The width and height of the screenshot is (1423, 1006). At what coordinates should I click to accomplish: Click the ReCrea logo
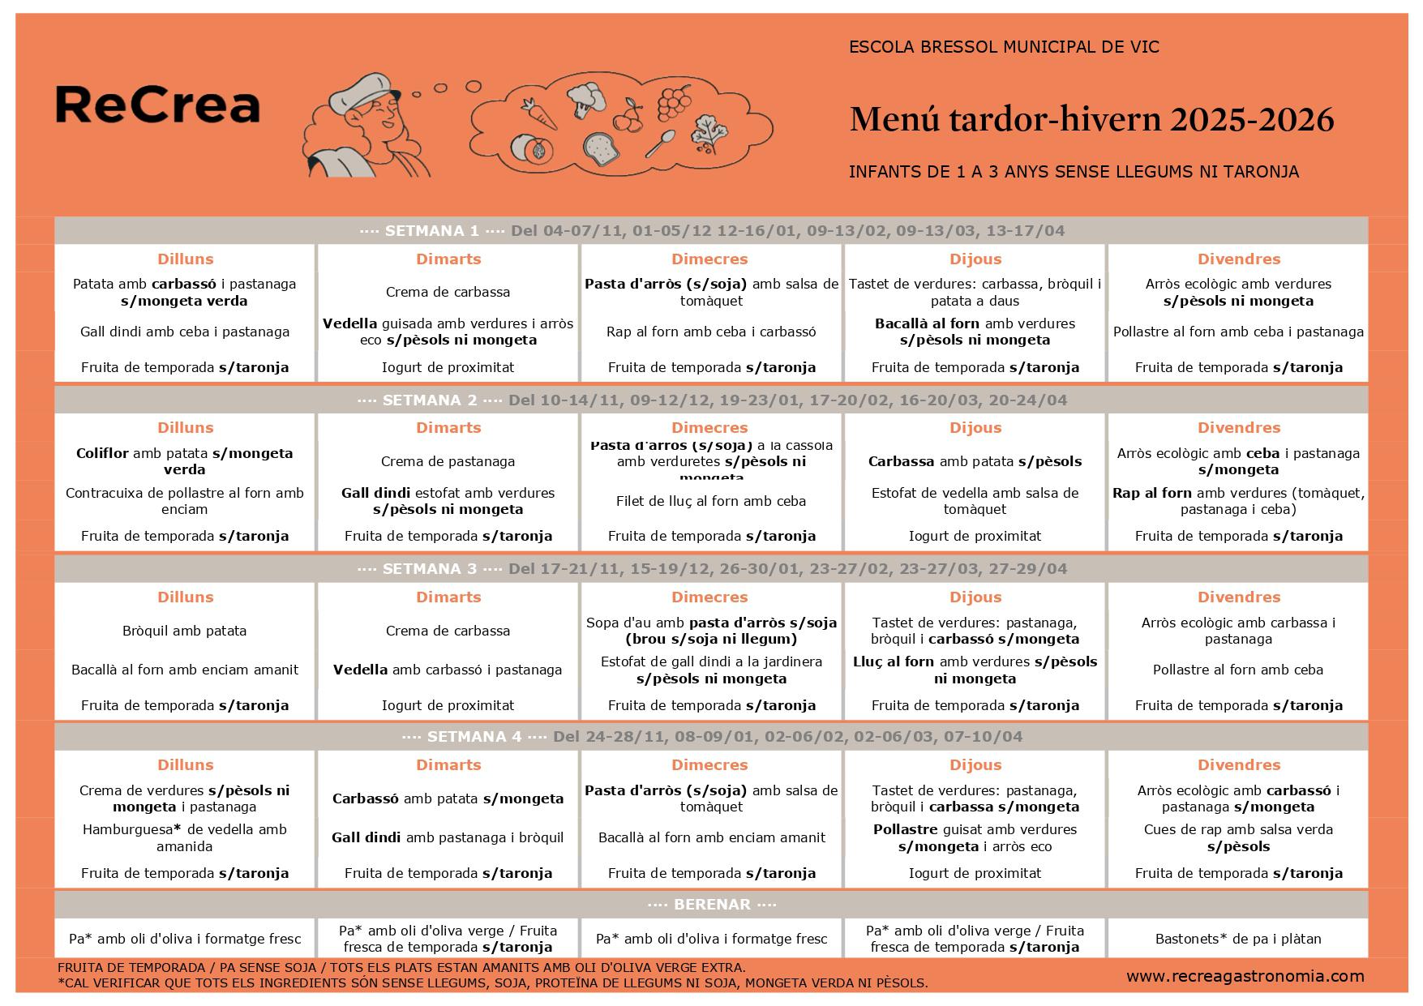pyautogui.click(x=157, y=105)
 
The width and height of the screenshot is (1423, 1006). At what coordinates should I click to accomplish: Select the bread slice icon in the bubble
pyautogui.click(x=601, y=149)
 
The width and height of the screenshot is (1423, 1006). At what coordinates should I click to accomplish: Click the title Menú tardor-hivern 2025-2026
pyautogui.click(x=1091, y=120)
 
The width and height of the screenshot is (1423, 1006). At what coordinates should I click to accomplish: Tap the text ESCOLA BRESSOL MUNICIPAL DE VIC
pyautogui.click(x=1004, y=47)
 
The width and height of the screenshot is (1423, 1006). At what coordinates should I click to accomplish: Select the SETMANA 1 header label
pyautogui.click(x=431, y=231)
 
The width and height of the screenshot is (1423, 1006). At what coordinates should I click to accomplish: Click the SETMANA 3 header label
pyautogui.click(x=429, y=569)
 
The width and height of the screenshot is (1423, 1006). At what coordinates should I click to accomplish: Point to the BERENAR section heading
pyautogui.click(x=711, y=905)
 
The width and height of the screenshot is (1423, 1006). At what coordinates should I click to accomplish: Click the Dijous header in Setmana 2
pyautogui.click(x=975, y=428)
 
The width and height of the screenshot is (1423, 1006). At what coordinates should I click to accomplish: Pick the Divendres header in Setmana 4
pyautogui.click(x=1238, y=765)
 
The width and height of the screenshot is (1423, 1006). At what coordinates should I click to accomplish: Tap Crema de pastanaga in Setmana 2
pyautogui.click(x=448, y=461)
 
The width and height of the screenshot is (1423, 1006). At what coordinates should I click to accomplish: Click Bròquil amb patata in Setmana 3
pyautogui.click(x=185, y=631)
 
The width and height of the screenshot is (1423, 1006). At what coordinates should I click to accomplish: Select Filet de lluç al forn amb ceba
pyautogui.click(x=711, y=501)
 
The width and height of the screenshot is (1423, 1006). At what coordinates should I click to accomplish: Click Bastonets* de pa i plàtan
pyautogui.click(x=1238, y=939)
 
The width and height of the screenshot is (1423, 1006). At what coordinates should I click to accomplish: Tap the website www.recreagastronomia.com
pyautogui.click(x=1245, y=976)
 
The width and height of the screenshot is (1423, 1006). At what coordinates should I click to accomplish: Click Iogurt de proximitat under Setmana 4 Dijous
pyautogui.click(x=975, y=873)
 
